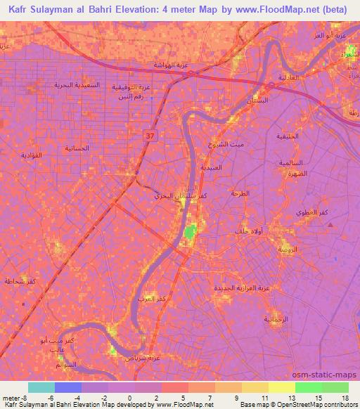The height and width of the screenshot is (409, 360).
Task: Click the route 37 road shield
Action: pyautogui.click(x=150, y=135)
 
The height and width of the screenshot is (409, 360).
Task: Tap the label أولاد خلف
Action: pyautogui.click(x=248, y=231)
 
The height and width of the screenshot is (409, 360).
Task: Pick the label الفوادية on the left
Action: pyautogui.click(x=32, y=154)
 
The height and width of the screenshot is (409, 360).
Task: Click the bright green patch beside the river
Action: pyautogui.click(x=190, y=233)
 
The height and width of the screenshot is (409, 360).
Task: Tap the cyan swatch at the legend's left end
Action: pyautogui.click(x=41, y=387)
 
